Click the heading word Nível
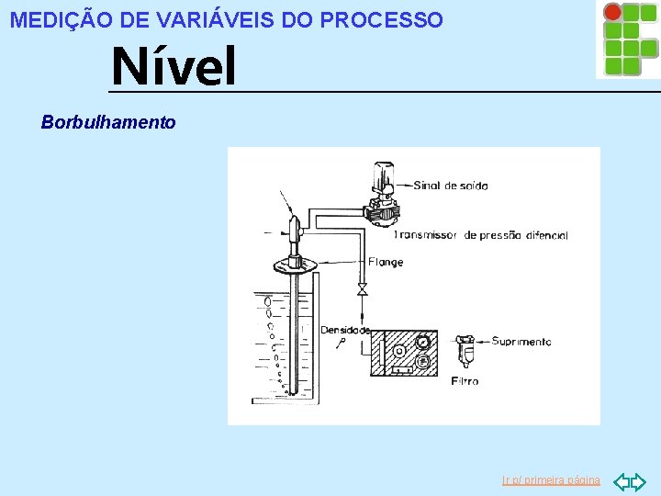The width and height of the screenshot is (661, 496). coord(174,67)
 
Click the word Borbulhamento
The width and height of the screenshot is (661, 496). coord(108,122)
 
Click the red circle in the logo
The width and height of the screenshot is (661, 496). coord(611,12)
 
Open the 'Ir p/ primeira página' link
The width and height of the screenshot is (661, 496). coord(551,480)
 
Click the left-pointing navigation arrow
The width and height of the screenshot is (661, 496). coord(621,480)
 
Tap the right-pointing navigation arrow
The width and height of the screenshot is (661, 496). coord(639,480)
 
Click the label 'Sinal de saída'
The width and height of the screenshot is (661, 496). coord(451,186)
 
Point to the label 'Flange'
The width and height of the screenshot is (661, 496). coord(386,263)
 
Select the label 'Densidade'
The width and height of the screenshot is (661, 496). coord(345,330)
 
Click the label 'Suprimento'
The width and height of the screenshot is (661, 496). coord(521,342)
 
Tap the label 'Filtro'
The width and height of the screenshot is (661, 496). coord(465,381)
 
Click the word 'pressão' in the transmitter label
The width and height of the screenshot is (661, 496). coord(494,236)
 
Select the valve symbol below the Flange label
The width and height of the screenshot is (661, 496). coord(362,290)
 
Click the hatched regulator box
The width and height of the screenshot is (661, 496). coord(404,354)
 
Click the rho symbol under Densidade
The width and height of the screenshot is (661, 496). coord(342,342)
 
